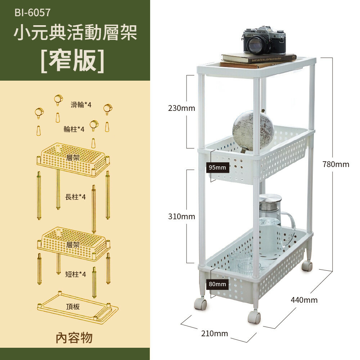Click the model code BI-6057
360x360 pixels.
32,13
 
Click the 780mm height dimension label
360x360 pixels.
336,164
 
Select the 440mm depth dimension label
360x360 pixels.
304,300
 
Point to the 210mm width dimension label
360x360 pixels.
215,334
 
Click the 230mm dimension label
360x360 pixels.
181,108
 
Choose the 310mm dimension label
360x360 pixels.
181,216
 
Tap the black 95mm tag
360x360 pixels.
217,167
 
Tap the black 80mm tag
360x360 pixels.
217,284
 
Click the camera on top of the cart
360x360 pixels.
264,40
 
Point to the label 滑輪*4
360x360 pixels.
81,105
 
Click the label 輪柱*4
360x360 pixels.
74,129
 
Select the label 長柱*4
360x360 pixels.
76,197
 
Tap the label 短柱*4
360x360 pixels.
76,274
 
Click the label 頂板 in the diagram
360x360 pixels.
73,307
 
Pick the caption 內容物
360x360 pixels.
74,338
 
